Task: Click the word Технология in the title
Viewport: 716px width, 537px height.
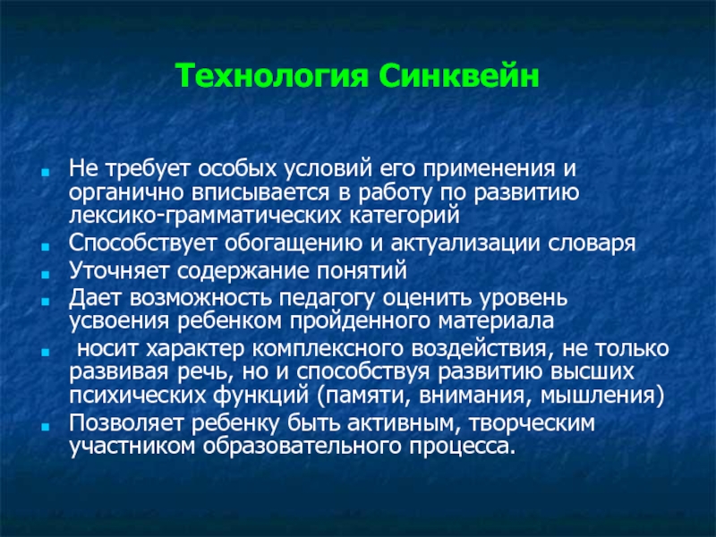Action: pos(272,76)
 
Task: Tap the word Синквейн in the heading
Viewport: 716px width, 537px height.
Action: pos(459,76)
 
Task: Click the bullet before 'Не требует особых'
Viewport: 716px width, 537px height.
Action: pos(45,173)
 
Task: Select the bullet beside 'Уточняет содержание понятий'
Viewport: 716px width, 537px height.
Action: pos(45,275)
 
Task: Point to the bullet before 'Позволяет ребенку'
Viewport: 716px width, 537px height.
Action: pos(45,427)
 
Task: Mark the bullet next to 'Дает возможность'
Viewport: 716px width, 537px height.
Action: pos(45,302)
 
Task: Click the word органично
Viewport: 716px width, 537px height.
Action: pos(126,193)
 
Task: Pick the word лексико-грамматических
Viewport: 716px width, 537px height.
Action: pos(205,216)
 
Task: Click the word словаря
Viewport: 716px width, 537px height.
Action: pos(592,244)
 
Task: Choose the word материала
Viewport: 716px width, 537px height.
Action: pos(496,321)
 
